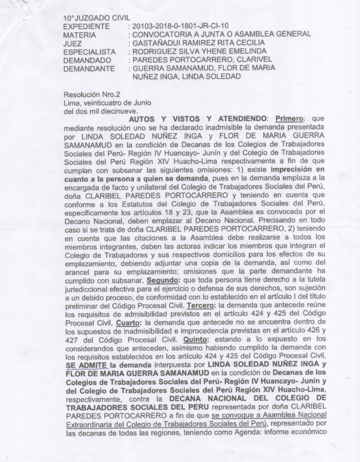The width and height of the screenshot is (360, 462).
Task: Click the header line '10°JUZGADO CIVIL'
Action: tap(97, 18)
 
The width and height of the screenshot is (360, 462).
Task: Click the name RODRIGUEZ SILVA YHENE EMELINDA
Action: tap(199, 51)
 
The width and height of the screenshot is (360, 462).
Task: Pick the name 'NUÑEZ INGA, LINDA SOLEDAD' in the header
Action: tap(187, 76)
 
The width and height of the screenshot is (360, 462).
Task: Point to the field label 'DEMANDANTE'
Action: tap(89, 68)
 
